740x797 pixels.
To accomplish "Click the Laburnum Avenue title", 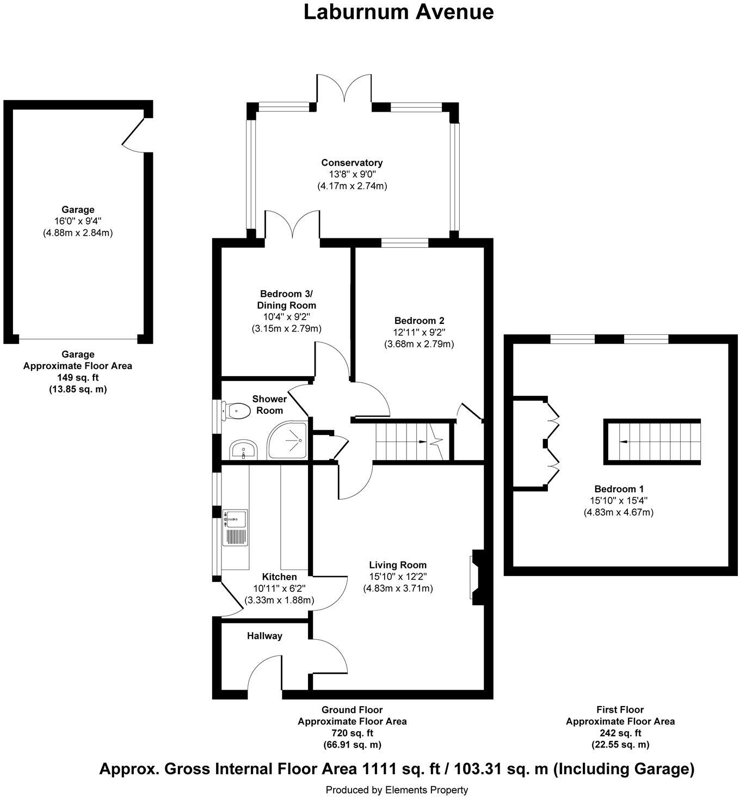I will tap(398, 12).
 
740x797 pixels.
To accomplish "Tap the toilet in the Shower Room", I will tap(236, 410).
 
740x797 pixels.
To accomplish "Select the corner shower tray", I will tap(287, 439).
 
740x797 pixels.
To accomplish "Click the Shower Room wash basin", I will tap(243, 450).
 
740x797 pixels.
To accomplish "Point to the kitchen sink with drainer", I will tap(235, 527).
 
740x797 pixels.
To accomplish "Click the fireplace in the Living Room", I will tap(476, 577).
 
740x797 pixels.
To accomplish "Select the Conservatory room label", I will tap(351, 163).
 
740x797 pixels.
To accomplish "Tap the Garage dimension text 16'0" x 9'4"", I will tap(78, 221).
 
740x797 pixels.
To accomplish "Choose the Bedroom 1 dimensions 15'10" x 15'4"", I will tap(619, 500).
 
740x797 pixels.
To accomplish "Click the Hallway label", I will tap(264, 636).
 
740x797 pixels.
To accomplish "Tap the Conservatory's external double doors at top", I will tap(344, 89).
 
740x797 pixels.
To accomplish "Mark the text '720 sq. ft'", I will tap(351, 733).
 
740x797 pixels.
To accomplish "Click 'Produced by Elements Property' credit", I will tap(397, 789).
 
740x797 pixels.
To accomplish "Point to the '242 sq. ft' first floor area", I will tap(620, 733).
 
